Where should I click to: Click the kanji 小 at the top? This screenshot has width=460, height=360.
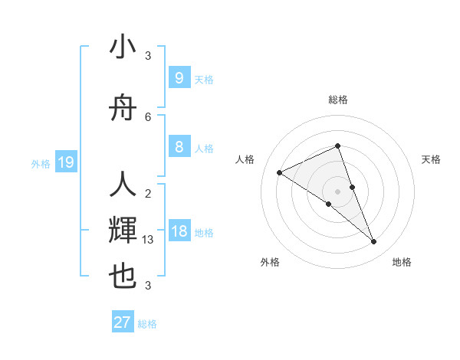coord(123,47)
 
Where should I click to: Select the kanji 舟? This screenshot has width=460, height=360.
coord(123,109)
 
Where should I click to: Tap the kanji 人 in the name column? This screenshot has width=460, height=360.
coord(123,186)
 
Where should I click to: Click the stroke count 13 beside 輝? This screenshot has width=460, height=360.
coord(149,240)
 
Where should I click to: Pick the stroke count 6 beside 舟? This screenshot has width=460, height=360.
coord(148,117)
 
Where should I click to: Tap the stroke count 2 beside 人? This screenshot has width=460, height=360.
coord(148,194)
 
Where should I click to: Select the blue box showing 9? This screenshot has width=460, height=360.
coord(179,78)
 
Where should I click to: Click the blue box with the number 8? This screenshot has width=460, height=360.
coord(179,147)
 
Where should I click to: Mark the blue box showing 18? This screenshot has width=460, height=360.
coord(179,231)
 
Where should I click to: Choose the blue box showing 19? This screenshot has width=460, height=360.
coord(66,162)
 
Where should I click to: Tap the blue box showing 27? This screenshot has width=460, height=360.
coord(122,322)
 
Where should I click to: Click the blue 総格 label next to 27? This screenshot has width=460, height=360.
coord(147,324)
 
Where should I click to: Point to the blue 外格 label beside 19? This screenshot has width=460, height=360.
coord(40,163)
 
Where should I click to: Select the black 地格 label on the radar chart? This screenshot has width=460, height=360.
coord(402,262)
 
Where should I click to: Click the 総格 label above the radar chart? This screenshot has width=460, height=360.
coord(337,100)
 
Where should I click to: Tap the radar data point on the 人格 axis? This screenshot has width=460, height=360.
coord(279,172)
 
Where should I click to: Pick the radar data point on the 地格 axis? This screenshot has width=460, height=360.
coord(374,242)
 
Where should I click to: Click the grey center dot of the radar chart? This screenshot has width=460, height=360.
coord(337,191)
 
